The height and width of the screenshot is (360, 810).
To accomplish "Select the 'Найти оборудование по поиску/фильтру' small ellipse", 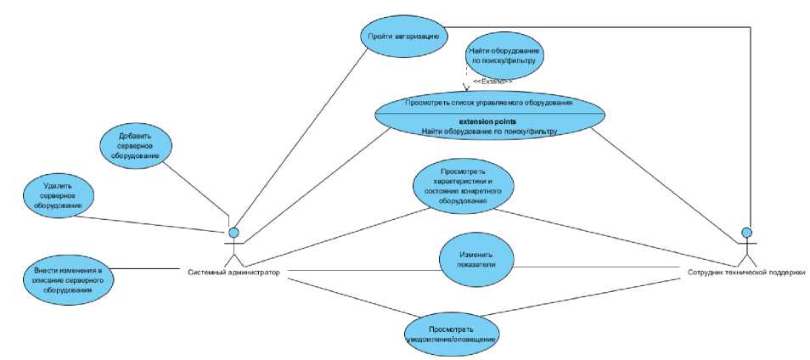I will (504, 56).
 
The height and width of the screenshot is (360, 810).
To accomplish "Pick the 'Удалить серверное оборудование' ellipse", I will (58, 194).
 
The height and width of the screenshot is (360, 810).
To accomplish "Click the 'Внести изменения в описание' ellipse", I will (69, 278).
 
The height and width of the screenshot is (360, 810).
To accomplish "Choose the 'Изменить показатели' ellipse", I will (477, 260).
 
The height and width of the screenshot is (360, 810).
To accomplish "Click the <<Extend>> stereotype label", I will (492, 82).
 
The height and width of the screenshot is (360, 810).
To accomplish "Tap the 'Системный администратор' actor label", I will (234, 272).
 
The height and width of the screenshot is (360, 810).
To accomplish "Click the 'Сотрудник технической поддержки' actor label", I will (745, 272).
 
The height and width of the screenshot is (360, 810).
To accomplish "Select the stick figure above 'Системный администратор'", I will (234, 246).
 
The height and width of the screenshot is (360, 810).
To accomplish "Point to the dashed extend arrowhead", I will (466, 86).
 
